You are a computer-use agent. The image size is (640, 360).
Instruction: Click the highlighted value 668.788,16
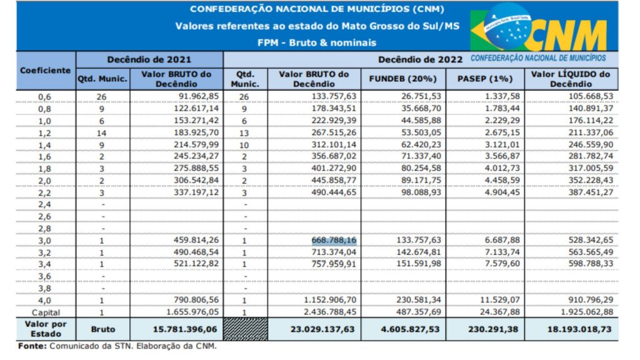click(335, 241)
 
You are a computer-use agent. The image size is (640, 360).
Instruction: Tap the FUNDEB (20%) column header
click(404, 79)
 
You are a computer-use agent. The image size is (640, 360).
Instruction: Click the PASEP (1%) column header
click(484, 79)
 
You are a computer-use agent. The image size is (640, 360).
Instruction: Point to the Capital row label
click(46, 311)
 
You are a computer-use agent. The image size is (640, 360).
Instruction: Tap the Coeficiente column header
click(45, 71)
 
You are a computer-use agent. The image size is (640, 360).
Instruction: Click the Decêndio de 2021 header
click(149, 59)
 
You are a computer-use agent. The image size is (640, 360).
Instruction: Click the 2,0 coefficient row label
click(45, 181)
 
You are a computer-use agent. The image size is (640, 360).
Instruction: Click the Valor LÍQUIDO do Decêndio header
click(571, 79)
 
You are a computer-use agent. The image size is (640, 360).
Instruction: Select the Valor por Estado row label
click(45, 328)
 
